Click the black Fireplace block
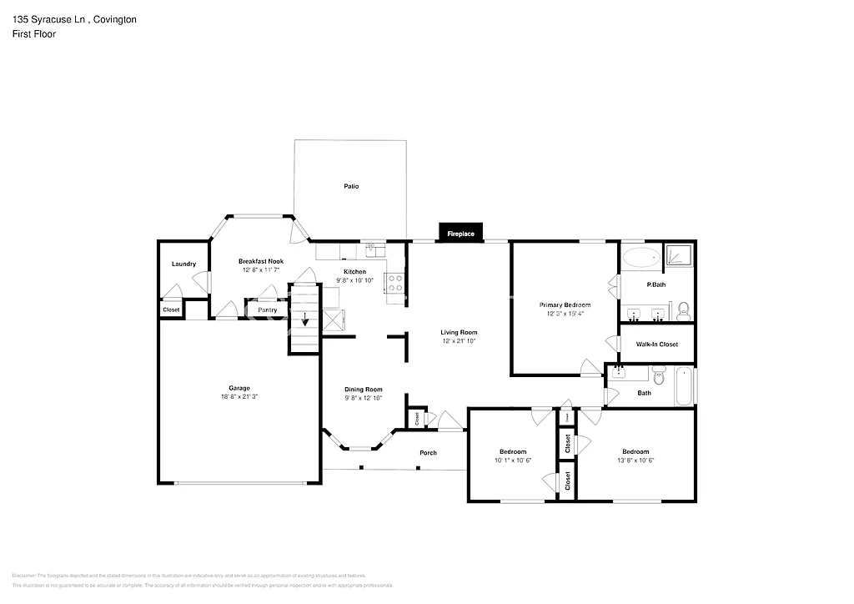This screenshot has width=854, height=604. [x=460, y=234]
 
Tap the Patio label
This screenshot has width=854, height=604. [x=351, y=186]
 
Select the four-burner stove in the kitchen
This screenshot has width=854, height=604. [x=394, y=284]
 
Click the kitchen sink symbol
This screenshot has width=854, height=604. [x=375, y=248]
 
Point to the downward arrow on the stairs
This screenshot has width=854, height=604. [x=305, y=319]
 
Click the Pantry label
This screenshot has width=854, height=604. [x=267, y=310]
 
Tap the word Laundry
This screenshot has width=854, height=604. [x=183, y=264]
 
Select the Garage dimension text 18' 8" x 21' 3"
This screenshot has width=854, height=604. [x=239, y=397]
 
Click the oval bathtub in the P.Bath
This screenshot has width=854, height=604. [x=641, y=257]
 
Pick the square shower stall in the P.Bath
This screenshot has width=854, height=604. [x=680, y=255]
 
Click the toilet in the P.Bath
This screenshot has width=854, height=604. [x=683, y=311]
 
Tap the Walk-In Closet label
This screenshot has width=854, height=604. [x=656, y=345]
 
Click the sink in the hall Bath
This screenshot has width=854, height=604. [x=620, y=372]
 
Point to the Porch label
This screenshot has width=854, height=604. [x=428, y=453]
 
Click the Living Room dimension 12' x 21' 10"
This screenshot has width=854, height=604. [x=459, y=341]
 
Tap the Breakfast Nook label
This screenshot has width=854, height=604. [x=260, y=261]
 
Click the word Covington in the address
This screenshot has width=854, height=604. [x=115, y=18]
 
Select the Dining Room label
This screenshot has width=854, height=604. [x=364, y=390]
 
